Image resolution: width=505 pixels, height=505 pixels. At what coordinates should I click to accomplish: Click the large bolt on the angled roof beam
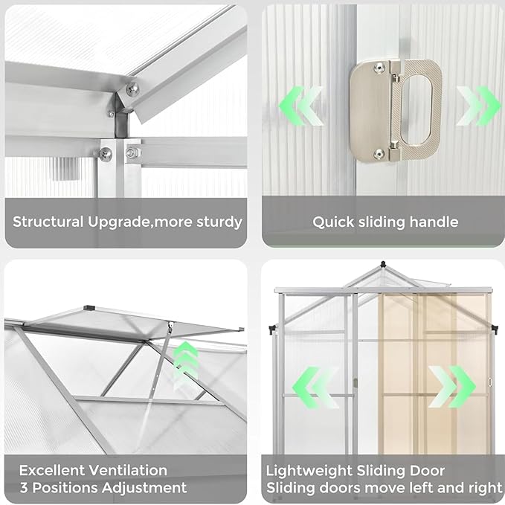(x=132, y=90)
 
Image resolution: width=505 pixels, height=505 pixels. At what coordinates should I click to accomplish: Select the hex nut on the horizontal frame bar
(x=132, y=152)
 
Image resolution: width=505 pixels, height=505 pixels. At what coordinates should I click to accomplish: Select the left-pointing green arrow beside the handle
(x=301, y=106)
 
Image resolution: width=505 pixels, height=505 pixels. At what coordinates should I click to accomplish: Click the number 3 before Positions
(x=24, y=489)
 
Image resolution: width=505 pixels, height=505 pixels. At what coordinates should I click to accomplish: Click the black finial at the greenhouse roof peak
(x=382, y=265)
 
